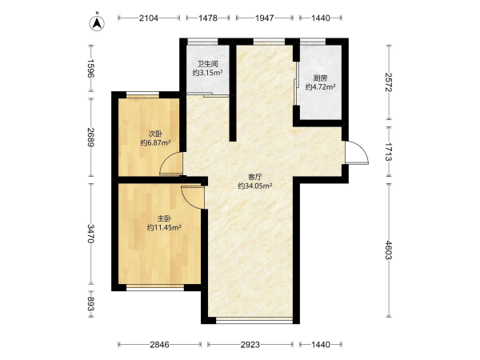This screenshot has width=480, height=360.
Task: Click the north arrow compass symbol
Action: pyautogui.click(x=97, y=23)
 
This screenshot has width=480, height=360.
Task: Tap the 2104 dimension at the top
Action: pyautogui.click(x=149, y=18)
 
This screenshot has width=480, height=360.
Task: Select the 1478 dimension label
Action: pyautogui.click(x=208, y=18)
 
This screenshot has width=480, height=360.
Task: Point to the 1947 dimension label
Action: pyautogui.click(x=265, y=18)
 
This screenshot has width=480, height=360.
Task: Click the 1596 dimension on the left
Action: pyautogui.click(x=90, y=68)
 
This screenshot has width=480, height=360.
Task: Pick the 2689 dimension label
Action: pyautogui.click(x=90, y=137)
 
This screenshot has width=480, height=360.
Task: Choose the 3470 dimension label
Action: pyautogui.click(x=90, y=234)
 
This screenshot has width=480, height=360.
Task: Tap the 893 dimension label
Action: pyautogui.click(x=90, y=304)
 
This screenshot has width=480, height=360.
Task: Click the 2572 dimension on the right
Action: pyautogui.click(x=389, y=82)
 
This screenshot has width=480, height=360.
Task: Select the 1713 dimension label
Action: pyautogui.click(x=389, y=152)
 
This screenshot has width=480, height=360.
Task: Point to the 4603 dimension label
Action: pyautogui.click(x=389, y=250)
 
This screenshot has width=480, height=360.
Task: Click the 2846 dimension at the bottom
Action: pyautogui.click(x=159, y=345)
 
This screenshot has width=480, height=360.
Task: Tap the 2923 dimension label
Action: pyautogui.click(x=250, y=345)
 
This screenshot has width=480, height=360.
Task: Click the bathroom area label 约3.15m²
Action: pyautogui.click(x=207, y=73)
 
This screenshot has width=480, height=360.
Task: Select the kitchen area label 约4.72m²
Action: pyautogui.click(x=320, y=87)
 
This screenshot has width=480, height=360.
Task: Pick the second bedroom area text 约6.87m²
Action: pyautogui.click(x=155, y=142)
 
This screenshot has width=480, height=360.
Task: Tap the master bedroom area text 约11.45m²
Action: pyautogui.click(x=164, y=227)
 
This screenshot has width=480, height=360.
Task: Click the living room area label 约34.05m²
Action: pyautogui.click(x=255, y=186)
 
